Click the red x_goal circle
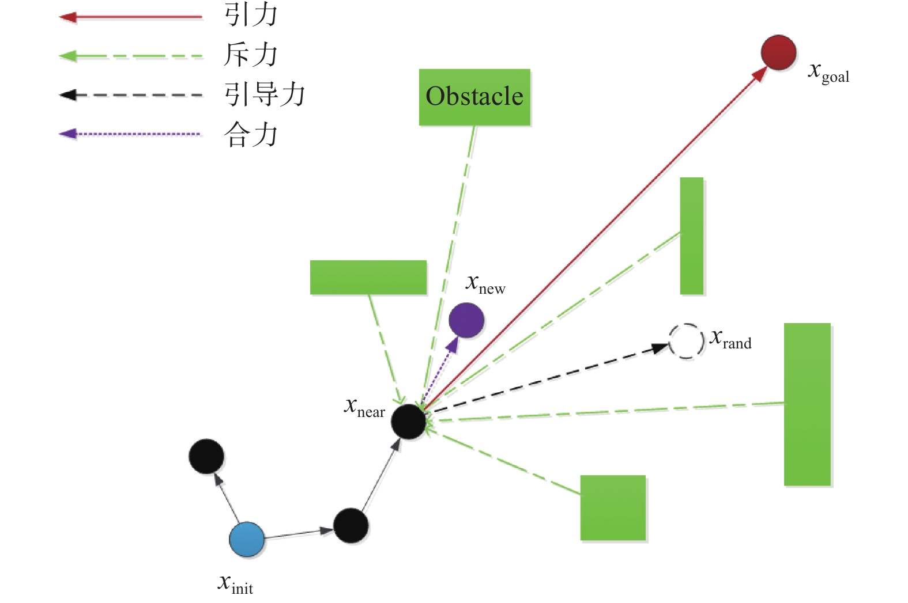[778, 52]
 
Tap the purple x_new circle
[466, 320]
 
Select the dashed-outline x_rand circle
[686, 341]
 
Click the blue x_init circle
[247, 540]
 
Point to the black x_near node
[408, 422]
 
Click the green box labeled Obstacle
[474, 97]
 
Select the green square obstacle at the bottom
[613, 507]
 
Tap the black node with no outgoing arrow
[206, 456]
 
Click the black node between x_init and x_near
[351, 525]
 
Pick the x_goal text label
[828, 73]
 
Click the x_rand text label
[730, 340]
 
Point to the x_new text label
[485, 285]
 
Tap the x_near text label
[364, 408]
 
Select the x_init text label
[236, 584]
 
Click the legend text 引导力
[265, 94]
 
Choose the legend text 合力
[251, 135]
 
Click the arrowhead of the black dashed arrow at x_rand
[660, 348]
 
